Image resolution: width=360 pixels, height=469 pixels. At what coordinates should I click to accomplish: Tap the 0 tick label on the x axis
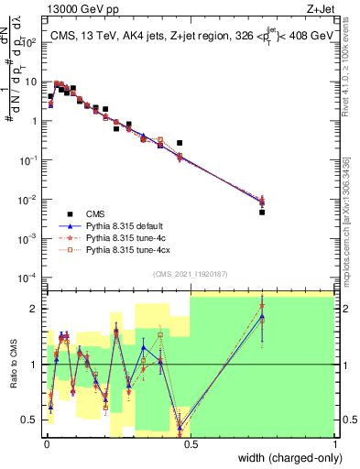46,444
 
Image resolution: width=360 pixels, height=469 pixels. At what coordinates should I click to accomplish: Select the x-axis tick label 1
334,444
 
